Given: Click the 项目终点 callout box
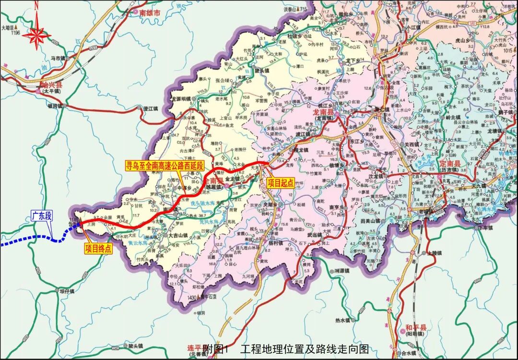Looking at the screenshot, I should pyautogui.click(x=98, y=248).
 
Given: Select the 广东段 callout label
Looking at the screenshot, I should pyautogui.click(x=42, y=215).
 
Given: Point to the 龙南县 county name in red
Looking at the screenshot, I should pyautogui.click(x=322, y=112).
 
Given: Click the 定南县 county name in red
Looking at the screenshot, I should pyautogui.click(x=450, y=164).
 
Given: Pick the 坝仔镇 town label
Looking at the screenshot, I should pyautogui.click(x=67, y=291).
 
